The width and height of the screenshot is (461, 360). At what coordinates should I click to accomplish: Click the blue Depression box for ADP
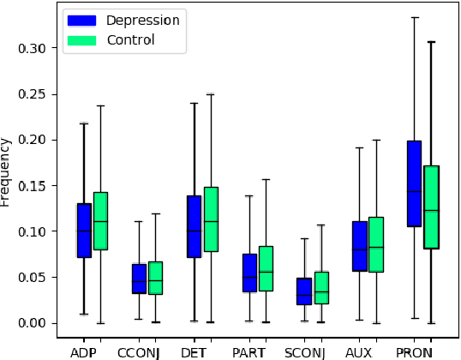point(84,230)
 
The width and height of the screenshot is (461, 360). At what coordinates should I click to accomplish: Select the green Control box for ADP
point(100,220)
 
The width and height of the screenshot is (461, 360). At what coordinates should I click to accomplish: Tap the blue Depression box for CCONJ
point(139,279)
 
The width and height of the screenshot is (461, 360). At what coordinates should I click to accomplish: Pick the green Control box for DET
point(210,219)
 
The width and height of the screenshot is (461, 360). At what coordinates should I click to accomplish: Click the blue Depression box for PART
point(248,273)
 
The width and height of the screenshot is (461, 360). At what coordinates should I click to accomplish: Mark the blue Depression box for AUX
point(359,246)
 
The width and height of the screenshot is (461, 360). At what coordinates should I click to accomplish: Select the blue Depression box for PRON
point(414,183)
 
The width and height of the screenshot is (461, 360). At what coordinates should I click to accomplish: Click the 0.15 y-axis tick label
point(30,185)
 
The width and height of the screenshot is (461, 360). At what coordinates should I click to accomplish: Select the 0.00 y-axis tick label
point(30,323)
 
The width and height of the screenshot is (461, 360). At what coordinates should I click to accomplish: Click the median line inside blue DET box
point(194,230)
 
